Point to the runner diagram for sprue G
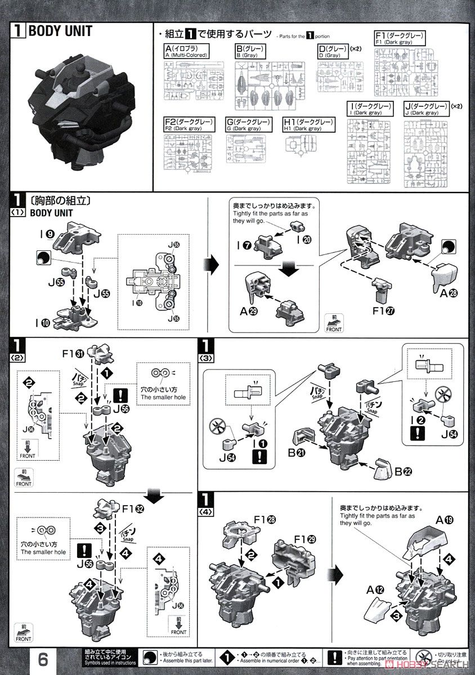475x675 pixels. (246, 152)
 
